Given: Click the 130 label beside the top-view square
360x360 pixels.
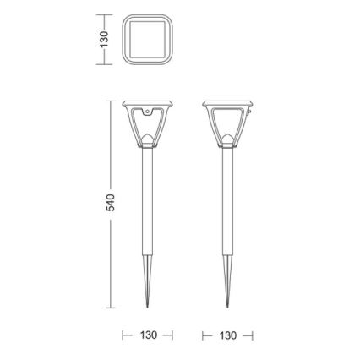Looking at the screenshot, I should point(104,39).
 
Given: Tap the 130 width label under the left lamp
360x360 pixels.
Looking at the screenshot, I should point(148,335).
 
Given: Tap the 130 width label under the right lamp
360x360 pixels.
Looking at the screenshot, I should point(227,335).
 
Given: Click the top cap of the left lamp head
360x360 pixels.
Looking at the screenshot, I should point(147,104).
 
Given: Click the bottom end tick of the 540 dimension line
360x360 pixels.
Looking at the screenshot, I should point(111,309).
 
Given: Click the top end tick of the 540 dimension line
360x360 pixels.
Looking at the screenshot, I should point(111,101).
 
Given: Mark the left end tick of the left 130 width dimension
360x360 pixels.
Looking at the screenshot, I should point(123,335).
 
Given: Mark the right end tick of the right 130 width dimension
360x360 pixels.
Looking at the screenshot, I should point(252,335).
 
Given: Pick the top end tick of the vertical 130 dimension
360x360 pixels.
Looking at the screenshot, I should point(104,14).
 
